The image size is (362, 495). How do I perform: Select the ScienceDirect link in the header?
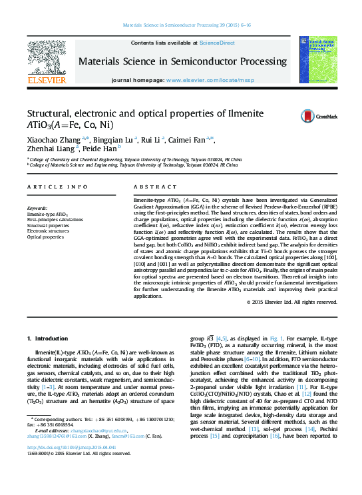217,42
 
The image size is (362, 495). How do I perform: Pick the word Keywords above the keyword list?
37,209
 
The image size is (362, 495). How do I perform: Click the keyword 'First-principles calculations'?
55,219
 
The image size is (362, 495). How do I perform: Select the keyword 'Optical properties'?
45,237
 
